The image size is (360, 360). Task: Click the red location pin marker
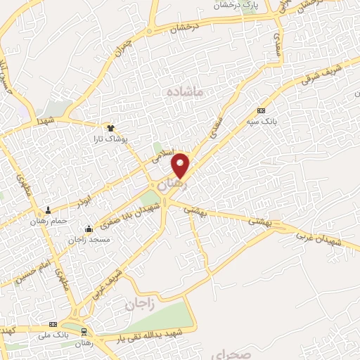(181, 165)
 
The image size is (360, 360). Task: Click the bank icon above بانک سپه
(262, 110)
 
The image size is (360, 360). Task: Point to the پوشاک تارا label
(110, 139)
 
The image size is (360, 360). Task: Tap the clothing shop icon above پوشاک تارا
(110, 127)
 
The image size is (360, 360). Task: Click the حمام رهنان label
(48, 221)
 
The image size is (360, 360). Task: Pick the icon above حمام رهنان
(48, 210)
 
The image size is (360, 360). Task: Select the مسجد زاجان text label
(88, 240)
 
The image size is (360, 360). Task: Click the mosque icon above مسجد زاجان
(89, 229)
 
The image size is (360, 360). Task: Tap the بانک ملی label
(53, 336)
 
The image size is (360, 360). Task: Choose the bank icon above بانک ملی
(53, 325)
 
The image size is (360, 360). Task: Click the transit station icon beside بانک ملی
(84, 330)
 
